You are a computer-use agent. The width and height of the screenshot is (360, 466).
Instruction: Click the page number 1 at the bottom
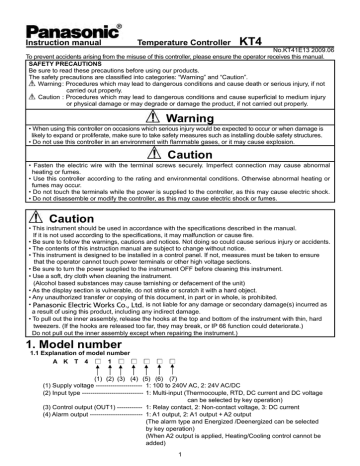coord(179,460)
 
